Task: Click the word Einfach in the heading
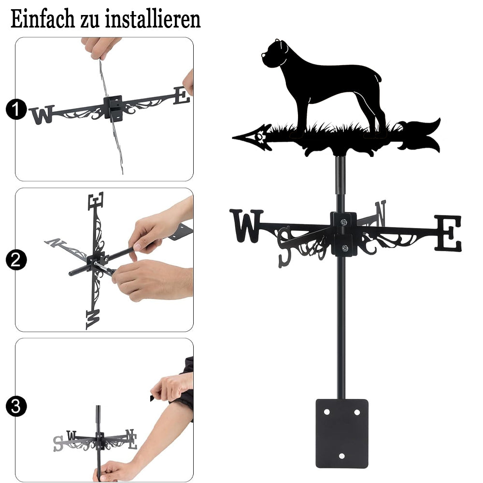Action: (43, 19)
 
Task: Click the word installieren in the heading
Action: (153, 19)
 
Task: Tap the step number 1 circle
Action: (15, 109)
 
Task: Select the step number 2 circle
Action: (15, 260)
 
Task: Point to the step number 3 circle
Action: (15, 406)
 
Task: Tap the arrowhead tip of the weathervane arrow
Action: (233, 138)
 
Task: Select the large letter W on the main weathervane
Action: (246, 226)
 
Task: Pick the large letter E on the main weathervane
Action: (448, 233)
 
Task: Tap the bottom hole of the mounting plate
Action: (341, 456)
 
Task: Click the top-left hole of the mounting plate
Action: (327, 412)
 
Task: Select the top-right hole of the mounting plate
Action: (357, 412)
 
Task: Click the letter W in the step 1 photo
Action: (42, 115)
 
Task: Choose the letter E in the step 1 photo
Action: (182, 96)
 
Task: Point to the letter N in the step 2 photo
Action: (56, 242)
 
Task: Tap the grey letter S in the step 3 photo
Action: (58, 443)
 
